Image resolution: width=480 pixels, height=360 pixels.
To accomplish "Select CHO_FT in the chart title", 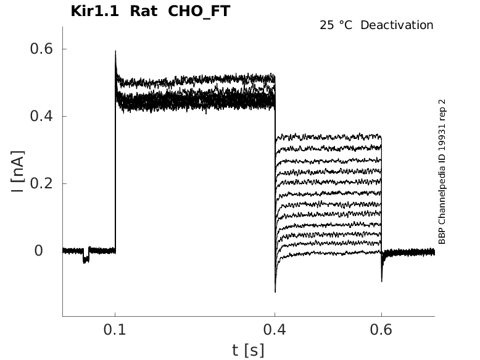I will [199, 11].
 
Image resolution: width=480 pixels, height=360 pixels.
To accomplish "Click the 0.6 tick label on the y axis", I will [39, 49].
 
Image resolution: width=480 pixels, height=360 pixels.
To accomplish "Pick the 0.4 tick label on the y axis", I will [39, 116].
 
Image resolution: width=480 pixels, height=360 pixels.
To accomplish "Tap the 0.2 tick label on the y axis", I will [39, 183].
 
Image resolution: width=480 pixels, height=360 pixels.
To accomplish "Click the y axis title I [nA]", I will [18, 170].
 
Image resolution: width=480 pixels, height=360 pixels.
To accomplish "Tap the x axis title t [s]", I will [248, 350].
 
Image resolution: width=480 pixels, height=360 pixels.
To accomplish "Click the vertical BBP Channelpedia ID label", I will [442, 172].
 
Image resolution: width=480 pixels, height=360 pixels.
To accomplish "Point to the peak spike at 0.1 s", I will [115, 52].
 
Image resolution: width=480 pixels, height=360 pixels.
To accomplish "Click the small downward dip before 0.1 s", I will [86, 260].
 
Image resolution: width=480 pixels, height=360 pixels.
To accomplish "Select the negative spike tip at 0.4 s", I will [275, 291].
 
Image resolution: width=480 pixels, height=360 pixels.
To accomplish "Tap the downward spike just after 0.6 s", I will [382, 280].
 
